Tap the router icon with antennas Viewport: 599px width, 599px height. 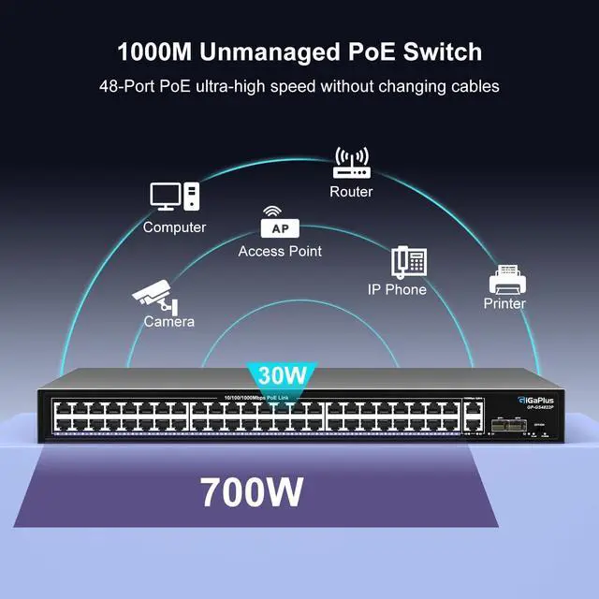tap(351, 162)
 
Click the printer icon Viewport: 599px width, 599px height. tap(504, 278)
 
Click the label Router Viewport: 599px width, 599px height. tap(351, 192)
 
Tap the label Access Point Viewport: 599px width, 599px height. tap(280, 251)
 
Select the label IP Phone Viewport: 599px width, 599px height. tap(397, 290)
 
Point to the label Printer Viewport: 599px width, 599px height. tap(504, 303)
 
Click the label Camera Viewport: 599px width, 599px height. tap(169, 322)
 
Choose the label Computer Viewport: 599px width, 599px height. tap(175, 227)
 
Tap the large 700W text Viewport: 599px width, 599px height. tap(252, 491)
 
